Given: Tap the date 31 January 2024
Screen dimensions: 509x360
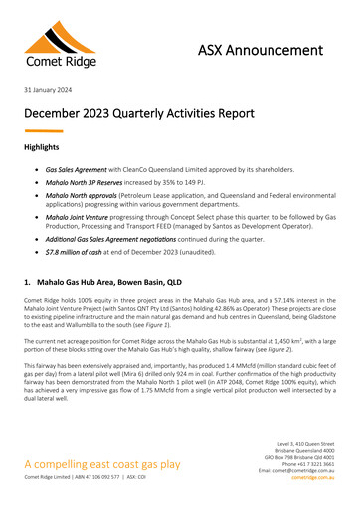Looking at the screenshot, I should (49, 92).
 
